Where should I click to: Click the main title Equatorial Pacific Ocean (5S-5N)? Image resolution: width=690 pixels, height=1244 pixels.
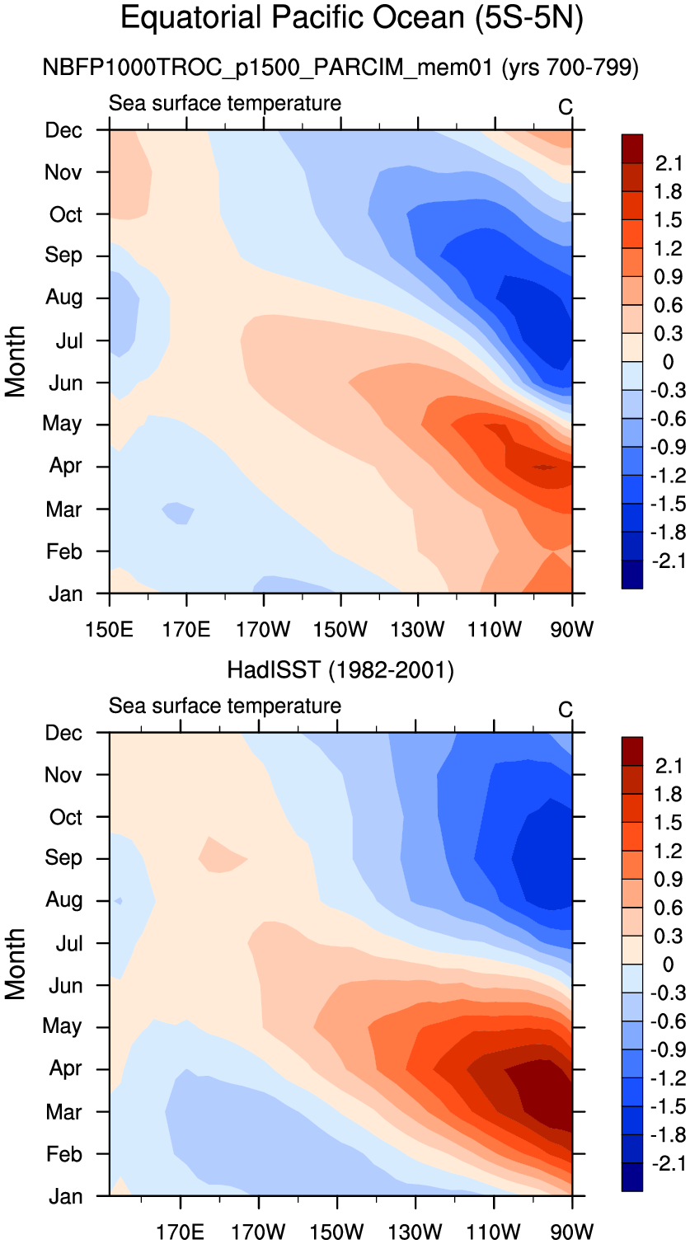[x=352, y=18]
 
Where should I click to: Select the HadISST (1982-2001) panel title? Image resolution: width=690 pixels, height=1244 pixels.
[x=340, y=671]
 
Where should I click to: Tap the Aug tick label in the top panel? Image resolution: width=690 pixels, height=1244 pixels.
[x=63, y=298]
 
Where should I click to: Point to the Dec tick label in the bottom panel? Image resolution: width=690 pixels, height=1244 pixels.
[x=63, y=733]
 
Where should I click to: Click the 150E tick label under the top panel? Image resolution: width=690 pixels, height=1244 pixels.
[x=110, y=631]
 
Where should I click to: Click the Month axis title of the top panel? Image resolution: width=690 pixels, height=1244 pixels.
[x=16, y=361]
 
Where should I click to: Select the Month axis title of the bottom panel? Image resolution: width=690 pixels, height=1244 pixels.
[x=16, y=964]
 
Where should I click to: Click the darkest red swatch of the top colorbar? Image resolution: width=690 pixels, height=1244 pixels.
[x=631, y=148]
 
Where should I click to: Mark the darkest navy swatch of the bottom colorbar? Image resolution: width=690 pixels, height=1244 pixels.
[x=631, y=1176]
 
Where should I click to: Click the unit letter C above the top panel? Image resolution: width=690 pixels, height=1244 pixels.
[x=566, y=107]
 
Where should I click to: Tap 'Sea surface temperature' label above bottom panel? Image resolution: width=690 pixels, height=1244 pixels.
[x=225, y=706]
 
